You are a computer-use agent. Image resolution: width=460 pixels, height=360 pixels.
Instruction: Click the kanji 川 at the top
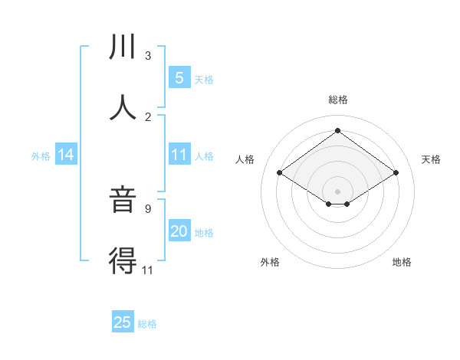point(123,47)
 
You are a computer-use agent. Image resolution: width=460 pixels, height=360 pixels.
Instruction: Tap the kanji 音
point(123,201)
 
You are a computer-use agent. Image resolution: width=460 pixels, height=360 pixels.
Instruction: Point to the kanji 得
point(123,261)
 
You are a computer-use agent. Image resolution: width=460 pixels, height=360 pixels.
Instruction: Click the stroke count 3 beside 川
point(148,55)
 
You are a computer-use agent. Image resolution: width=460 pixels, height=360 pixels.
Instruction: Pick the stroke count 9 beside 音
point(148,208)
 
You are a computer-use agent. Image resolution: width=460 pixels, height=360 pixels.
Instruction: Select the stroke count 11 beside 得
point(148,270)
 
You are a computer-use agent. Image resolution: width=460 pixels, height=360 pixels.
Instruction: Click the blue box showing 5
point(179,78)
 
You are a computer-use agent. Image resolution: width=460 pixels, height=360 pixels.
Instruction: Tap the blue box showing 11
point(179,155)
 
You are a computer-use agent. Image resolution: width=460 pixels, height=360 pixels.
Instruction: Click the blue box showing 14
point(66,155)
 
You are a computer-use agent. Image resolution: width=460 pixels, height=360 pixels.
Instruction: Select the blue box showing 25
point(123,322)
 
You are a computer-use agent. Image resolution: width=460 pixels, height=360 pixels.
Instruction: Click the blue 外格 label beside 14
point(41,156)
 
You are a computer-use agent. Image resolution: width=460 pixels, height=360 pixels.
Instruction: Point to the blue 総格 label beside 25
point(147,324)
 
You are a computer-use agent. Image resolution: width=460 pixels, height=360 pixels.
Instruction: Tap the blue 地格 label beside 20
point(204,233)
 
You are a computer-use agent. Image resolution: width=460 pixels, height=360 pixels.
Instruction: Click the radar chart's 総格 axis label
point(337,100)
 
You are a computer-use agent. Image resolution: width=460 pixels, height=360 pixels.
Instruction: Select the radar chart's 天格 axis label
point(431,159)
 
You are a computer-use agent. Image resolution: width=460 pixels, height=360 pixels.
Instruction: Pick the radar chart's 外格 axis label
point(270,262)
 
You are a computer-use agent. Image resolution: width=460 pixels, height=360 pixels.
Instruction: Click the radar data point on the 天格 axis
point(396,173)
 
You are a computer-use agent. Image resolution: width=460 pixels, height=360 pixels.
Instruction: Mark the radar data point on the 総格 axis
point(337,130)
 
